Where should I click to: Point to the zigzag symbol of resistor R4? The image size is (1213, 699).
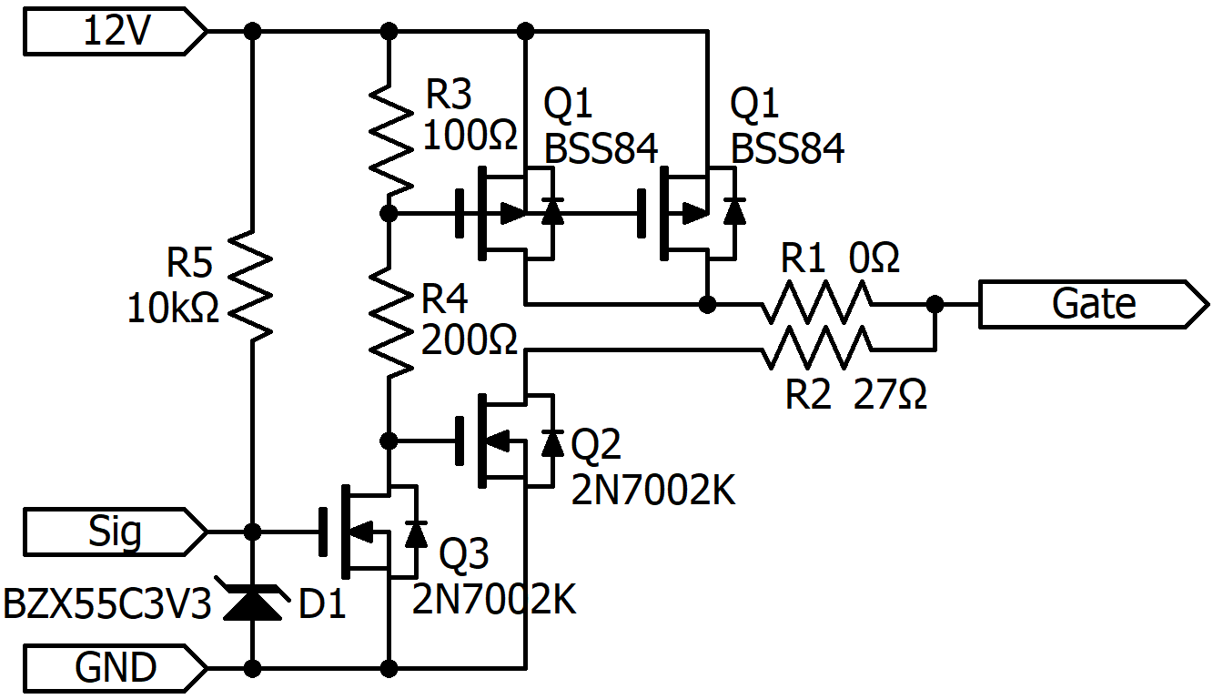point(389,323)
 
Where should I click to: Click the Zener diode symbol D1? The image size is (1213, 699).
point(252,602)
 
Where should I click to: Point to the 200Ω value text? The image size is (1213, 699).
point(470,340)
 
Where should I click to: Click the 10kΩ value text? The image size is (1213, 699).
point(173,309)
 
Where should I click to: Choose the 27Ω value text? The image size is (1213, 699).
point(891,395)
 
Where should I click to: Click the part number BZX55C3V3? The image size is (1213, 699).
point(107,603)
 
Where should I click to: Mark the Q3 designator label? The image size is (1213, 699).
point(464,553)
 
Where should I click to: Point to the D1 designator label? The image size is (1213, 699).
point(323,604)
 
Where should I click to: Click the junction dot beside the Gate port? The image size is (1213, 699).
point(935,304)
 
